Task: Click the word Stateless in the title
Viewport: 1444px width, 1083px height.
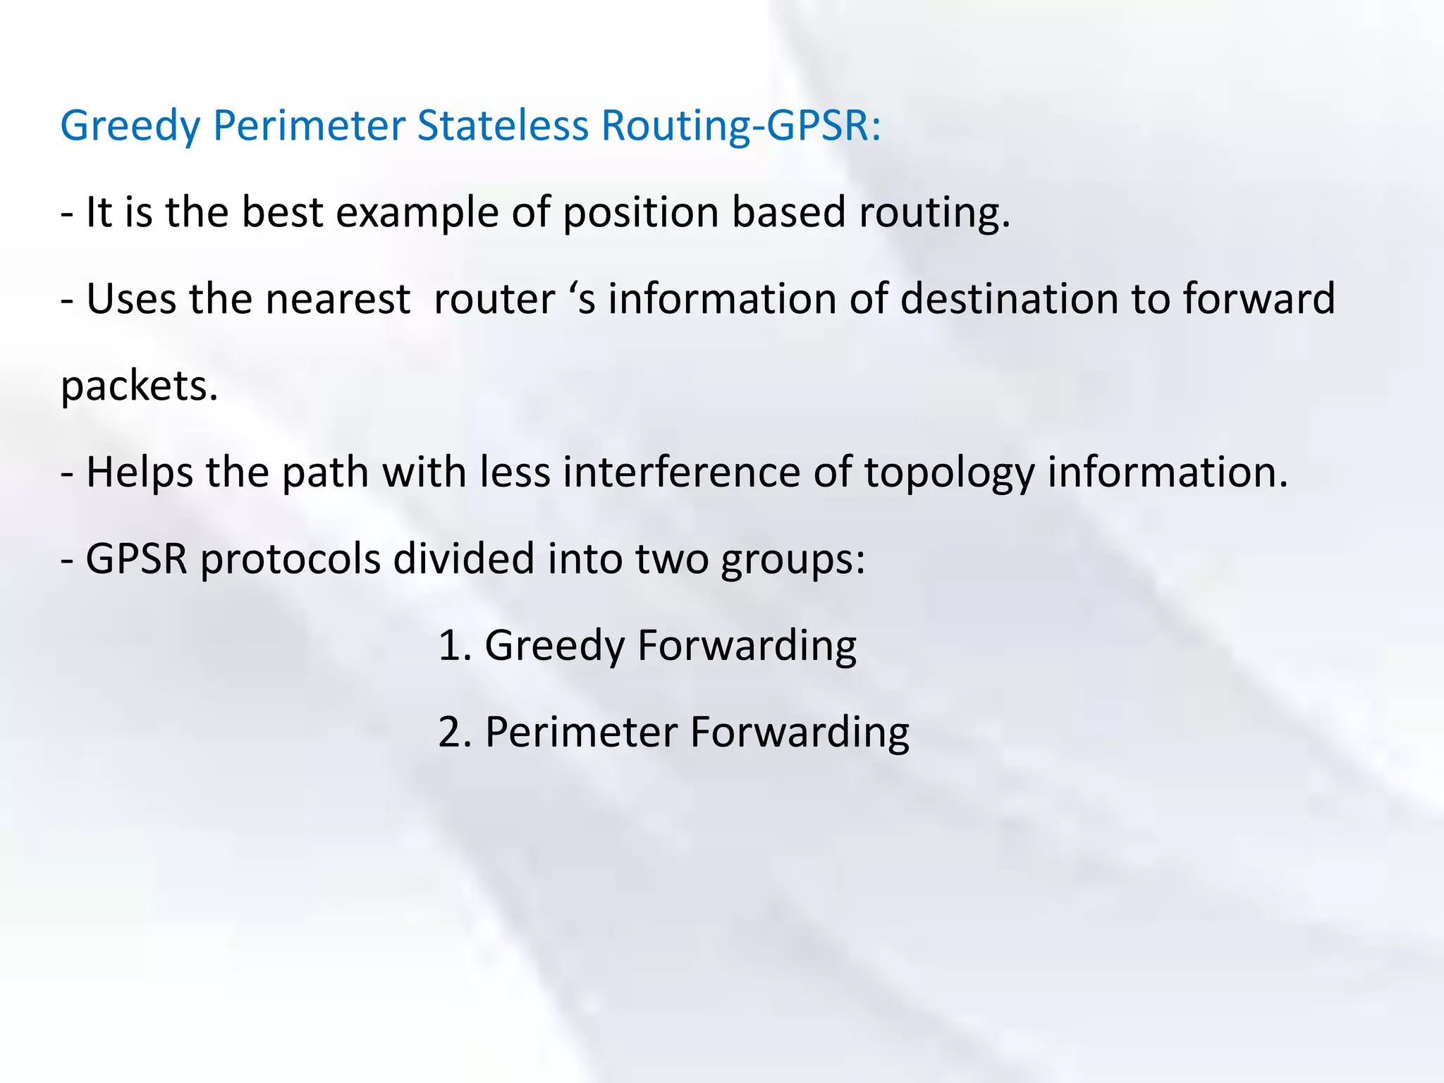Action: (502, 126)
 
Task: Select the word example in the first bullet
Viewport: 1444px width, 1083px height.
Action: (417, 213)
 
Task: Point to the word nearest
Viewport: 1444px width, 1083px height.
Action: (338, 299)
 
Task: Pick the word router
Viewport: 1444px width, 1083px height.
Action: (494, 299)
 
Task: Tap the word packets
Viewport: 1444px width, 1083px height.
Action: (139, 387)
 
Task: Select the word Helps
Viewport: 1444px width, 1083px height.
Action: (139, 472)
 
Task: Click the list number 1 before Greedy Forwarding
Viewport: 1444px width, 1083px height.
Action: (453, 646)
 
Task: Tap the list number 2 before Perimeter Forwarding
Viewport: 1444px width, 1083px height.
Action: (453, 733)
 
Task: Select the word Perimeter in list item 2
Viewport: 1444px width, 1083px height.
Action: (581, 733)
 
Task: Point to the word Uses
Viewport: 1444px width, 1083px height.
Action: (130, 299)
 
